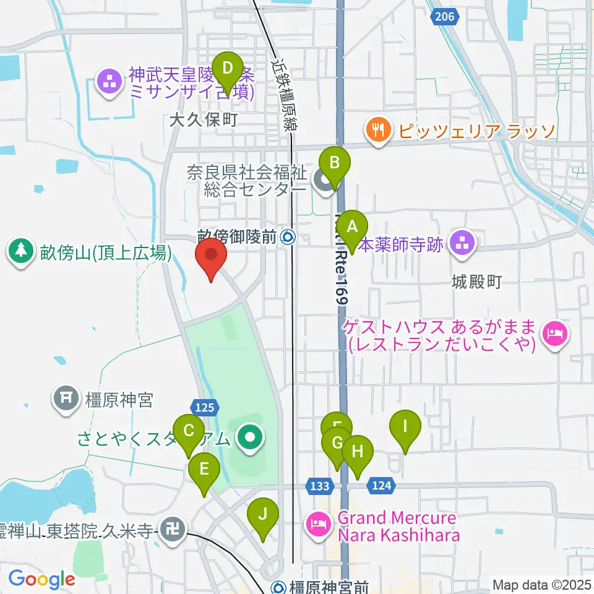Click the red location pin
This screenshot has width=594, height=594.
211,258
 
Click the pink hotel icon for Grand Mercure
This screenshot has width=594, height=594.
319,525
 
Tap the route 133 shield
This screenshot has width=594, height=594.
320,486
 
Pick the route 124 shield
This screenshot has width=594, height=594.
382,486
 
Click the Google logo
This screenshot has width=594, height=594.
42,580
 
